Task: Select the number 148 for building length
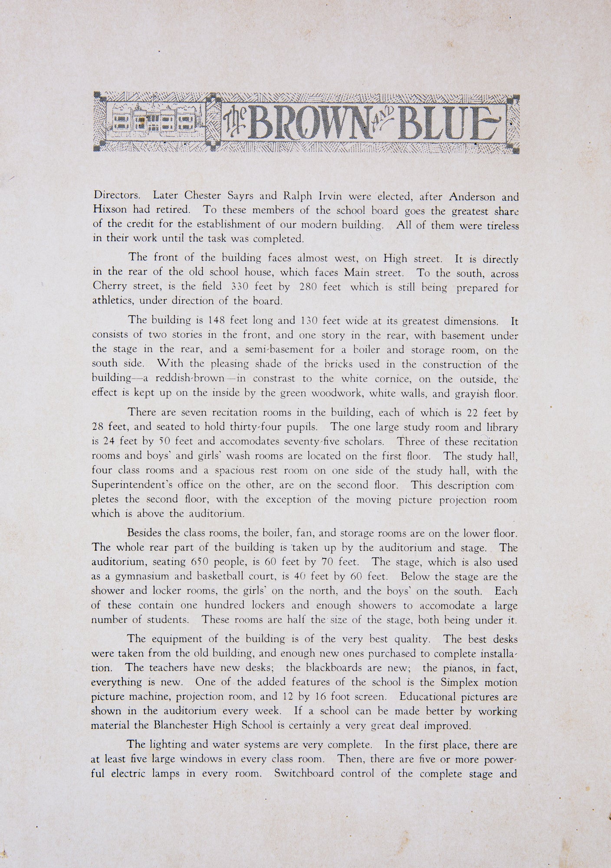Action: (x=216, y=321)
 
